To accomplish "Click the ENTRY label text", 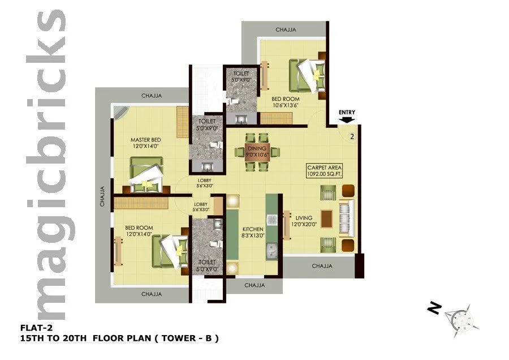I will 347,112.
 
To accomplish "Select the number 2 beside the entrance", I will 352,136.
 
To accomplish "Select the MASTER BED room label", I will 145,143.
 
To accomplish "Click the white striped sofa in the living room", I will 346,218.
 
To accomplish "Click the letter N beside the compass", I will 434,308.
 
